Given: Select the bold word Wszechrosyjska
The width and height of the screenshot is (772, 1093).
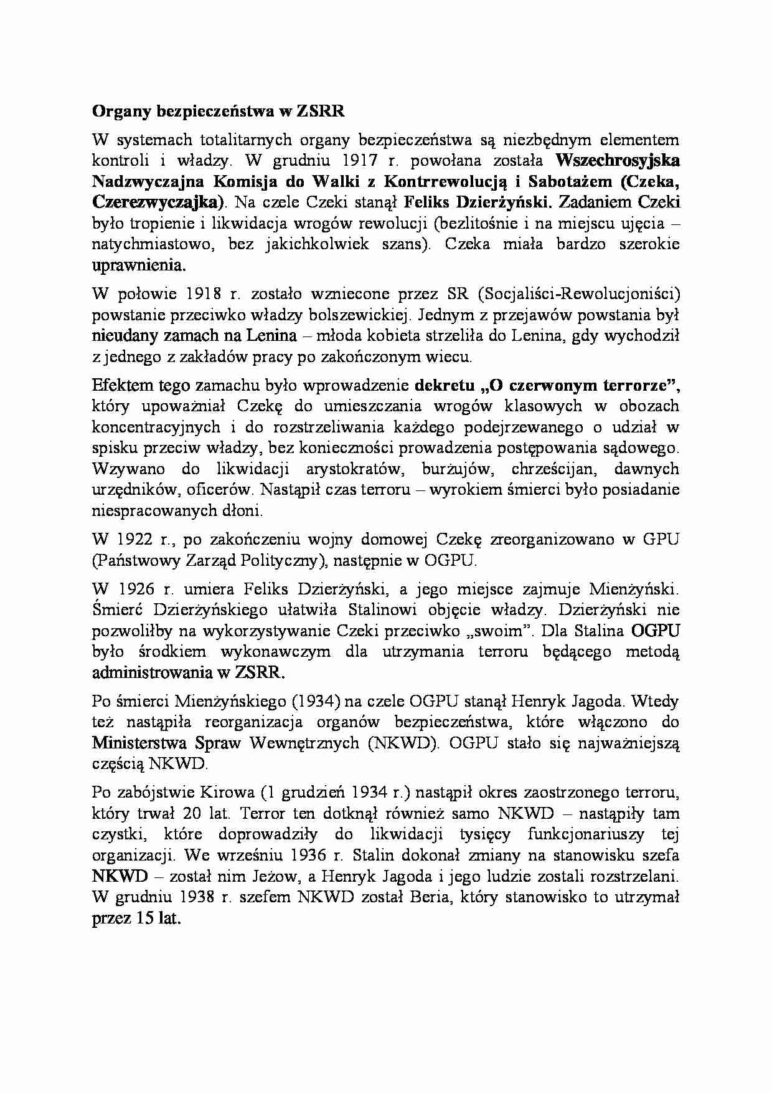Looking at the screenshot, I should pyautogui.click(x=617, y=160).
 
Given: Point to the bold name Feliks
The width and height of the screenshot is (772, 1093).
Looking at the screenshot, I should pyautogui.click(x=427, y=202).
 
